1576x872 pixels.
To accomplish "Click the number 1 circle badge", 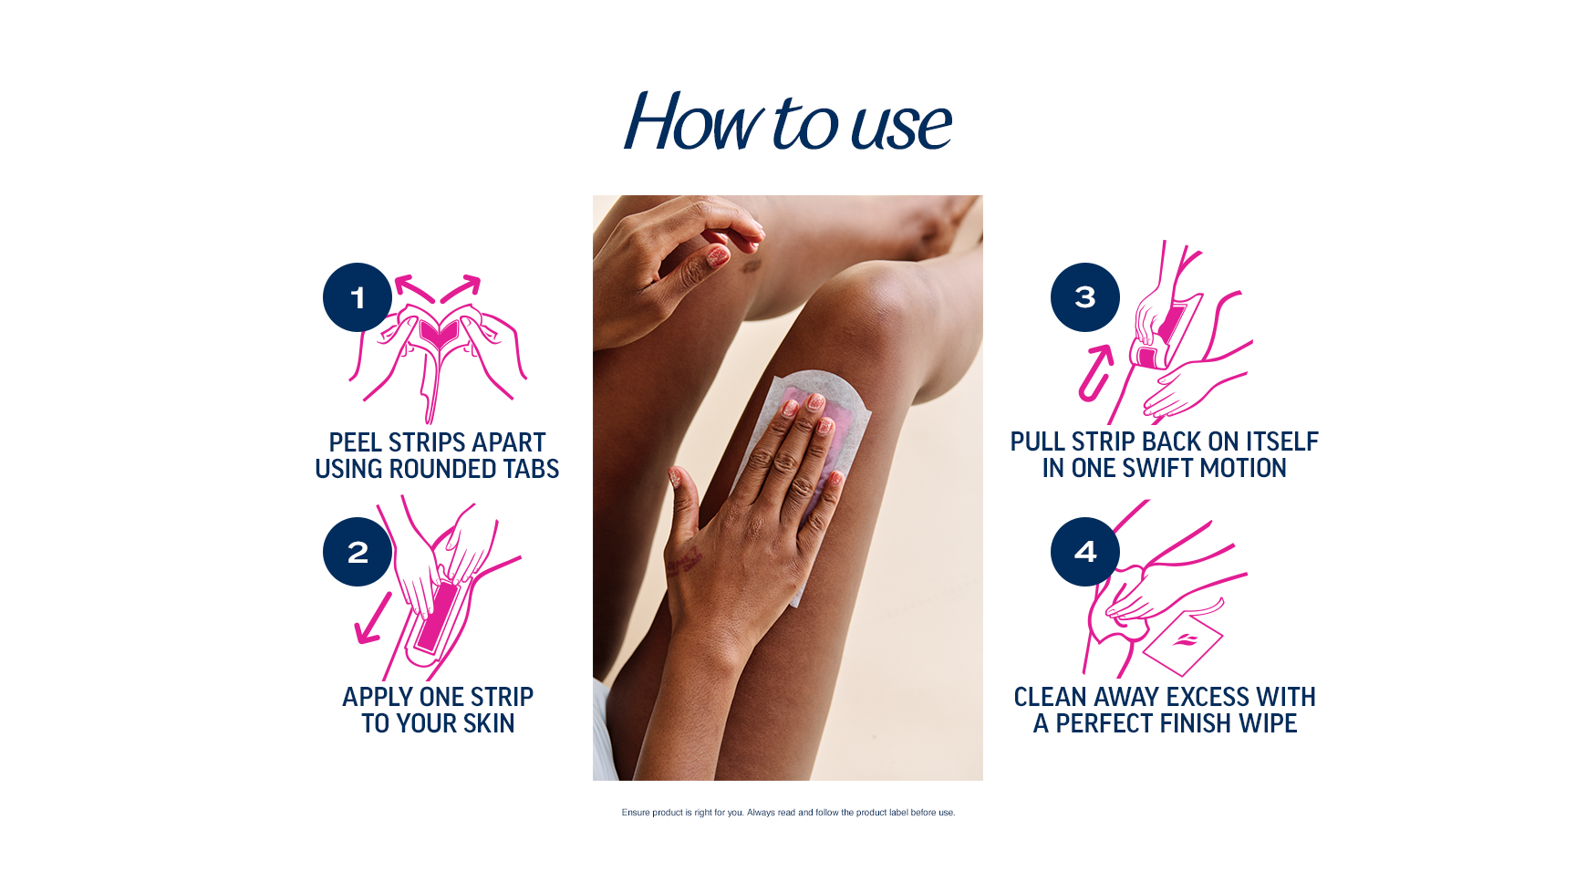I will click(358, 297).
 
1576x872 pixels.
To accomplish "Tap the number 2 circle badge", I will click(358, 552).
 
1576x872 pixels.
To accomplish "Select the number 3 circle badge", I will click(1084, 297).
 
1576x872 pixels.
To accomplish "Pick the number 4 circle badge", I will click(1084, 552).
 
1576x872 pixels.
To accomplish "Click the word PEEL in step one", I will click(355, 443).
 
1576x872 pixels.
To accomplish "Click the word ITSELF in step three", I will click(1281, 442).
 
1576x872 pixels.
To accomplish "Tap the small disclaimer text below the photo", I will click(788, 813).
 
